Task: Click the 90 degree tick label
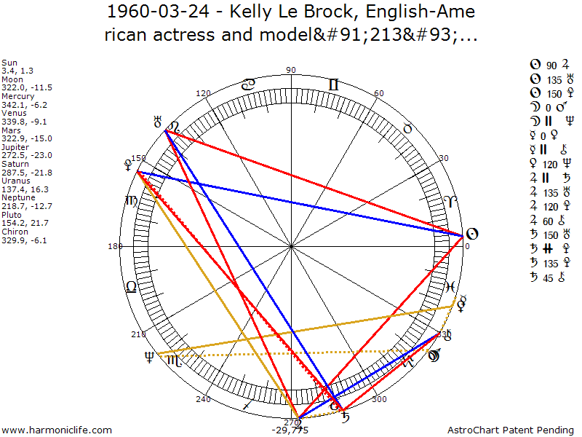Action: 291,70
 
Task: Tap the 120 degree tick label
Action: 203,93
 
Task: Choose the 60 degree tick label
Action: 378,93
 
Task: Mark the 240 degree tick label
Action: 203,399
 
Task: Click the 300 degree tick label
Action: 378,399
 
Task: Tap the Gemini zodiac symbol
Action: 333,84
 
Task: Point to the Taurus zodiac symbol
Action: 408,128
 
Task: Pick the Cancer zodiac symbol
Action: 248,84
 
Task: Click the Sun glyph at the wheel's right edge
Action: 471,234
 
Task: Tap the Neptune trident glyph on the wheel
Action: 150,356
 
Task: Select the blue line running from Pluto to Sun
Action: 298,203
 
